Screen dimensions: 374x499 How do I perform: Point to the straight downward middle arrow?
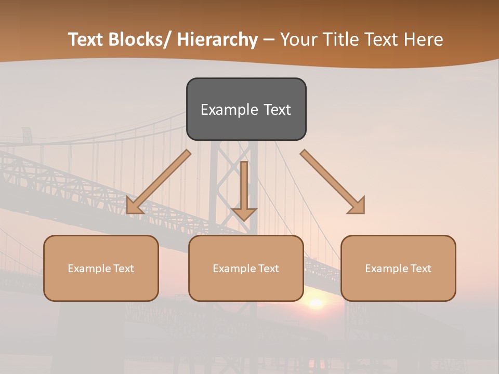click(x=244, y=190)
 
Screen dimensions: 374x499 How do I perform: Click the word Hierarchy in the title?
click(x=218, y=39)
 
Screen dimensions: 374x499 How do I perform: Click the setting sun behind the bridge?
click(x=315, y=303)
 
